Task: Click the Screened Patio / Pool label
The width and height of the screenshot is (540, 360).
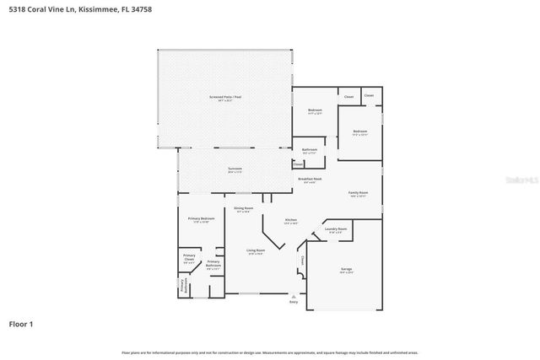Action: pyautogui.click(x=225, y=97)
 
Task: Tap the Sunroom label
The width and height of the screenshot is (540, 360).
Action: pyautogui.click(x=235, y=169)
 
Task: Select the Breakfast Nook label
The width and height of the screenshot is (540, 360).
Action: pyautogui.click(x=309, y=179)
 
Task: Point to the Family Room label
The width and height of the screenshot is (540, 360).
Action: pyautogui.click(x=359, y=193)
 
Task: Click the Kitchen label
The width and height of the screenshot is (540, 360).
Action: pyautogui.click(x=290, y=221)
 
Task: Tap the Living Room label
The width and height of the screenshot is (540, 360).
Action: pyautogui.click(x=256, y=250)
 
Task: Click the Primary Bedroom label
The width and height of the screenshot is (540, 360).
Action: pyautogui.click(x=202, y=219)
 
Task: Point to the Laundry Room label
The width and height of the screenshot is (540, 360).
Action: pyautogui.click(x=336, y=228)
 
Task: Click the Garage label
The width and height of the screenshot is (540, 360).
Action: pyautogui.click(x=346, y=269)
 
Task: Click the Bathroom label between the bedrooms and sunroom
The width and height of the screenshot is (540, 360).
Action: pyautogui.click(x=309, y=150)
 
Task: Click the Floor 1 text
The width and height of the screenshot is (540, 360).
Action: pyautogui.click(x=21, y=323)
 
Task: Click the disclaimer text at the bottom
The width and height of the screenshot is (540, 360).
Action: pyautogui.click(x=270, y=352)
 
